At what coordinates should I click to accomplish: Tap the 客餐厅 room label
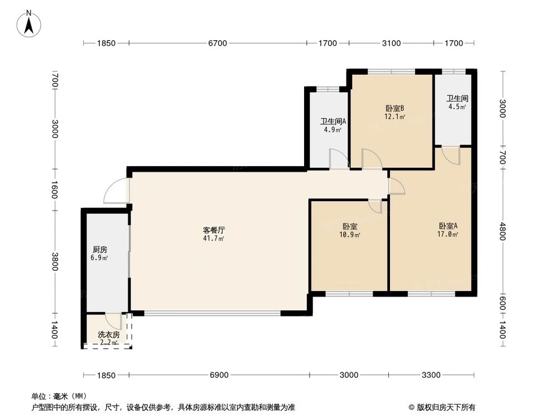[x=213, y=234]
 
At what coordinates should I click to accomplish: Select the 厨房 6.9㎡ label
[x=100, y=254]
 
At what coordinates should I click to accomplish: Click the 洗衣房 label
[x=108, y=335]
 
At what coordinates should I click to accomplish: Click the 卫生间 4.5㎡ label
[x=456, y=103]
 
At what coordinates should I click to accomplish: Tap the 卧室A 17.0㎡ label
[x=448, y=230]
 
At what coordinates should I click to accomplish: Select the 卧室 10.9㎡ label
[x=350, y=230]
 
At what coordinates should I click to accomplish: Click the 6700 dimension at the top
[x=217, y=43]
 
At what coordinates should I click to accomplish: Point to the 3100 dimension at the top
[x=391, y=43]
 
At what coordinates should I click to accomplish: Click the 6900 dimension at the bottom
[x=219, y=375]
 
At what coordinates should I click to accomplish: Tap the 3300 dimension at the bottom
[x=431, y=375]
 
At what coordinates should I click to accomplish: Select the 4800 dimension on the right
[x=503, y=230]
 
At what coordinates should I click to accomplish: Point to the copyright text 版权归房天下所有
[x=445, y=407]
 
